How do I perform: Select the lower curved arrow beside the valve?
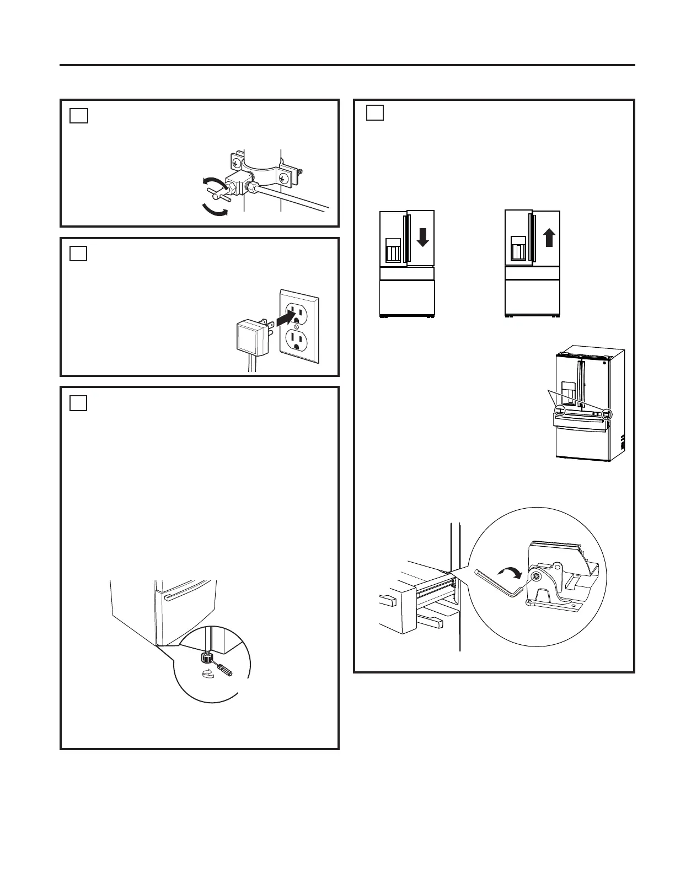(214, 211)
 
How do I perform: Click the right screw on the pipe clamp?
(283, 178)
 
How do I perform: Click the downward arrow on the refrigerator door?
(422, 238)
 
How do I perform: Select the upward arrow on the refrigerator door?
(549, 238)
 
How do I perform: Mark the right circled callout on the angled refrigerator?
(607, 413)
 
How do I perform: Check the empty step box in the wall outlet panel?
(79, 253)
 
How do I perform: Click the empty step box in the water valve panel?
(79, 115)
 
